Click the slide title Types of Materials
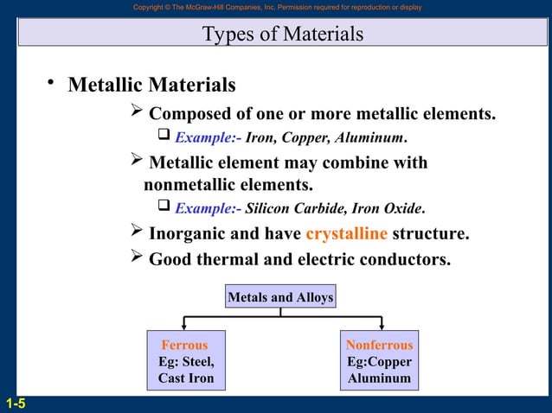coord(282,35)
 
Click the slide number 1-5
coord(14,403)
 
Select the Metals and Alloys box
coord(280,297)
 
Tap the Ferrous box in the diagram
coord(185,345)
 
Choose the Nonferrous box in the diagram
coord(379,345)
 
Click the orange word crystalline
coord(346,234)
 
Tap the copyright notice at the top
coord(277,7)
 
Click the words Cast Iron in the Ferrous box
coord(185,378)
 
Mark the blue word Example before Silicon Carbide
coord(204,208)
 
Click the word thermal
coord(229,258)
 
